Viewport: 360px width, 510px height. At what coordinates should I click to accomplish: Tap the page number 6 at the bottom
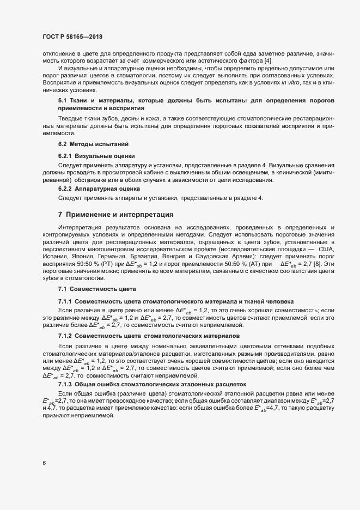(44, 463)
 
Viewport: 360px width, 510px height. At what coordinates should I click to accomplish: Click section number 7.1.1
(65, 301)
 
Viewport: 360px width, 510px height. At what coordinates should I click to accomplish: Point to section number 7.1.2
(65, 336)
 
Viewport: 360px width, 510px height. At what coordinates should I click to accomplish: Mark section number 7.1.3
(65, 384)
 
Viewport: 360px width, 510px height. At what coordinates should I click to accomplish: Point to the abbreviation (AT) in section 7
(257, 263)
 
